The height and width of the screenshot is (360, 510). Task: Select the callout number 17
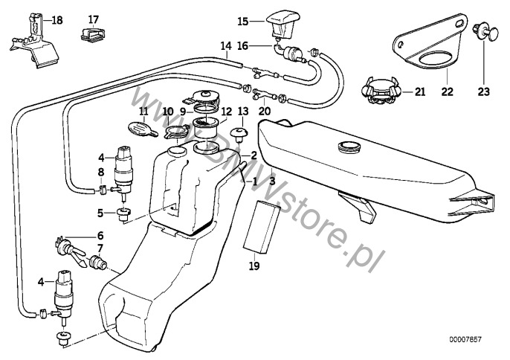coord(93,19)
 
